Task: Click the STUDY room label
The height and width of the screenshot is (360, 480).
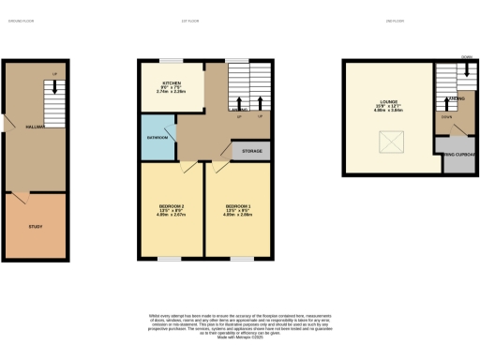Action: (36, 226)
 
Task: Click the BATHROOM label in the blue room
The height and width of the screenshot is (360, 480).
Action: (157, 137)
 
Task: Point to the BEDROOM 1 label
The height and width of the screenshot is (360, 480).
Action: (238, 208)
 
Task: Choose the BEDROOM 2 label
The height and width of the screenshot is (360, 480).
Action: (170, 208)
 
